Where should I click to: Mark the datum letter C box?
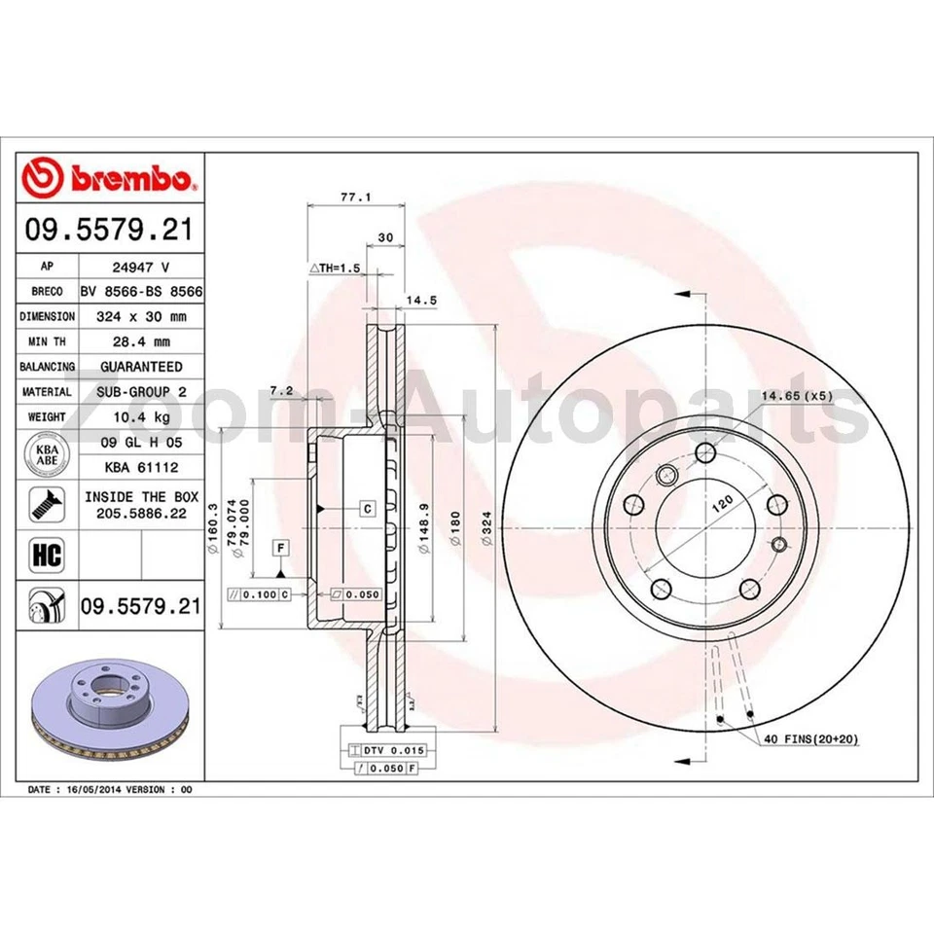(368, 508)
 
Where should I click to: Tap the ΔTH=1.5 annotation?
(335, 267)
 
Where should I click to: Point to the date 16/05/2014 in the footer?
(98, 790)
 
